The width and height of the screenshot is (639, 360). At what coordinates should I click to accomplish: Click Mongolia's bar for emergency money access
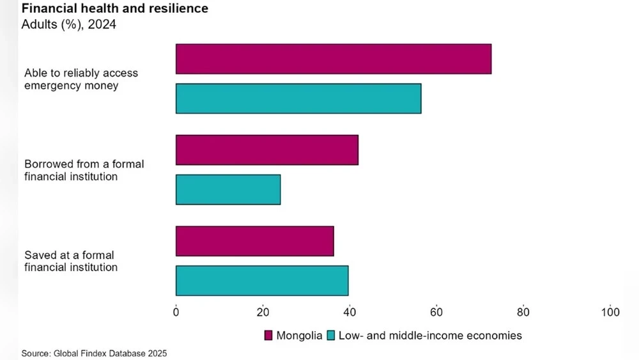[x=333, y=59]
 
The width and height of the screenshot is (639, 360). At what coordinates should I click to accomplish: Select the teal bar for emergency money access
[x=298, y=98]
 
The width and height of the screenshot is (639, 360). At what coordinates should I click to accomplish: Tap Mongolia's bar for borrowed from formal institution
[x=266, y=150]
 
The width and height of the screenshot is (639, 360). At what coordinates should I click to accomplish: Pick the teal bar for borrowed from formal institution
[x=227, y=189]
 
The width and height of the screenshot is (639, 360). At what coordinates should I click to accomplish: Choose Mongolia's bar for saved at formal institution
[x=254, y=241]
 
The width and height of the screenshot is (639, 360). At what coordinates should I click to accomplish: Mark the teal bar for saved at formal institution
[x=261, y=281]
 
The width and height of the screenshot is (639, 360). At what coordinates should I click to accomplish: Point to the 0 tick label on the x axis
[x=176, y=312]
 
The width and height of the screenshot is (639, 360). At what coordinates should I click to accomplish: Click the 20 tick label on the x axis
[x=263, y=312]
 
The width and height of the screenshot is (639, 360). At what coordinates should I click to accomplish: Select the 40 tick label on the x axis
[x=350, y=312]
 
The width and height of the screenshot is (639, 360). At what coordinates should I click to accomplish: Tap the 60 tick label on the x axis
[x=436, y=312]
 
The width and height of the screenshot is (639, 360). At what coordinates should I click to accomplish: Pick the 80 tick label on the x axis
[x=523, y=312]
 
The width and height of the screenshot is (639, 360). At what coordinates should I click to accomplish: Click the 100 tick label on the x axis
[x=610, y=312]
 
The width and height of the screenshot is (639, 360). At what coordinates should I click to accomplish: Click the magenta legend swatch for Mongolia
[x=268, y=335]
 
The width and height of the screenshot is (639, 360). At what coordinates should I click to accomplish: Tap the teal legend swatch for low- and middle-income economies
[x=331, y=335]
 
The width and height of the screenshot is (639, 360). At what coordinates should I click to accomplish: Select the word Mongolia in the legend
[x=299, y=335]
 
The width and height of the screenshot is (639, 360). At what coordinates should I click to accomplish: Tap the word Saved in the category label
[x=38, y=255]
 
